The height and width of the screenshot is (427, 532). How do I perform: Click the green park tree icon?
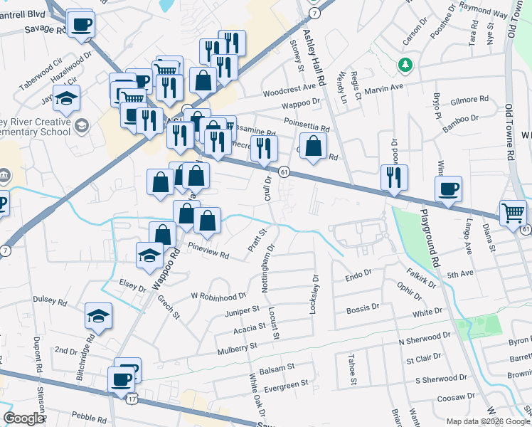pyautogui.click(x=405, y=65)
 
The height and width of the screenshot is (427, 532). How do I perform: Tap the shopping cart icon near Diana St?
pyautogui.click(x=513, y=212)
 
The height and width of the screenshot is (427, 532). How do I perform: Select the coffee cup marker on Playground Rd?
pyautogui.click(x=448, y=189)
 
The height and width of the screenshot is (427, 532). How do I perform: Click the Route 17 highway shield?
pyautogui.click(x=132, y=399)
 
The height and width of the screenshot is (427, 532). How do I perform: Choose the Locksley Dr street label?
pyautogui.click(x=313, y=294)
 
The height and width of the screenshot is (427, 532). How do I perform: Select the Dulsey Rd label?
pyautogui.click(x=49, y=302)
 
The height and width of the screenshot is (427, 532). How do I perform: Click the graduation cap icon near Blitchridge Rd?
pyautogui.click(x=99, y=317)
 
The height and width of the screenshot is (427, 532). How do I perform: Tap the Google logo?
pyautogui.click(x=23, y=418)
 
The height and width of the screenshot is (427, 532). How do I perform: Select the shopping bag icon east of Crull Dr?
pyautogui.click(x=313, y=147)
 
